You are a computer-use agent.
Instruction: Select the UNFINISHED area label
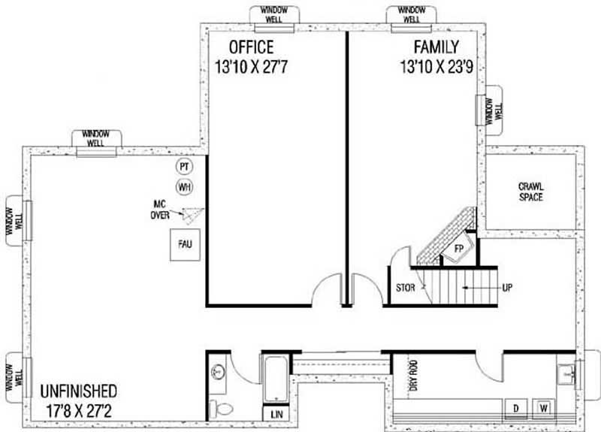click(78, 391)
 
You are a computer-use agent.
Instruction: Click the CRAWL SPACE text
click(530, 192)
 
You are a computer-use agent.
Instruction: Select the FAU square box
click(184, 245)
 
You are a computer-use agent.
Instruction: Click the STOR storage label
click(405, 287)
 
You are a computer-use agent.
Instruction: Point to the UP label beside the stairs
click(507, 287)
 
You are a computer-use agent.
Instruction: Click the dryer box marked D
click(516, 408)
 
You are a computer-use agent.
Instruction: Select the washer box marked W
click(543, 408)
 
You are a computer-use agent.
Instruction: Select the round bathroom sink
click(217, 372)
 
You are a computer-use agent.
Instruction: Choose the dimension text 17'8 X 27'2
click(78, 412)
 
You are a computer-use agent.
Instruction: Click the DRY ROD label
click(412, 373)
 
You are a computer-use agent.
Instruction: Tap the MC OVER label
click(159, 210)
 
